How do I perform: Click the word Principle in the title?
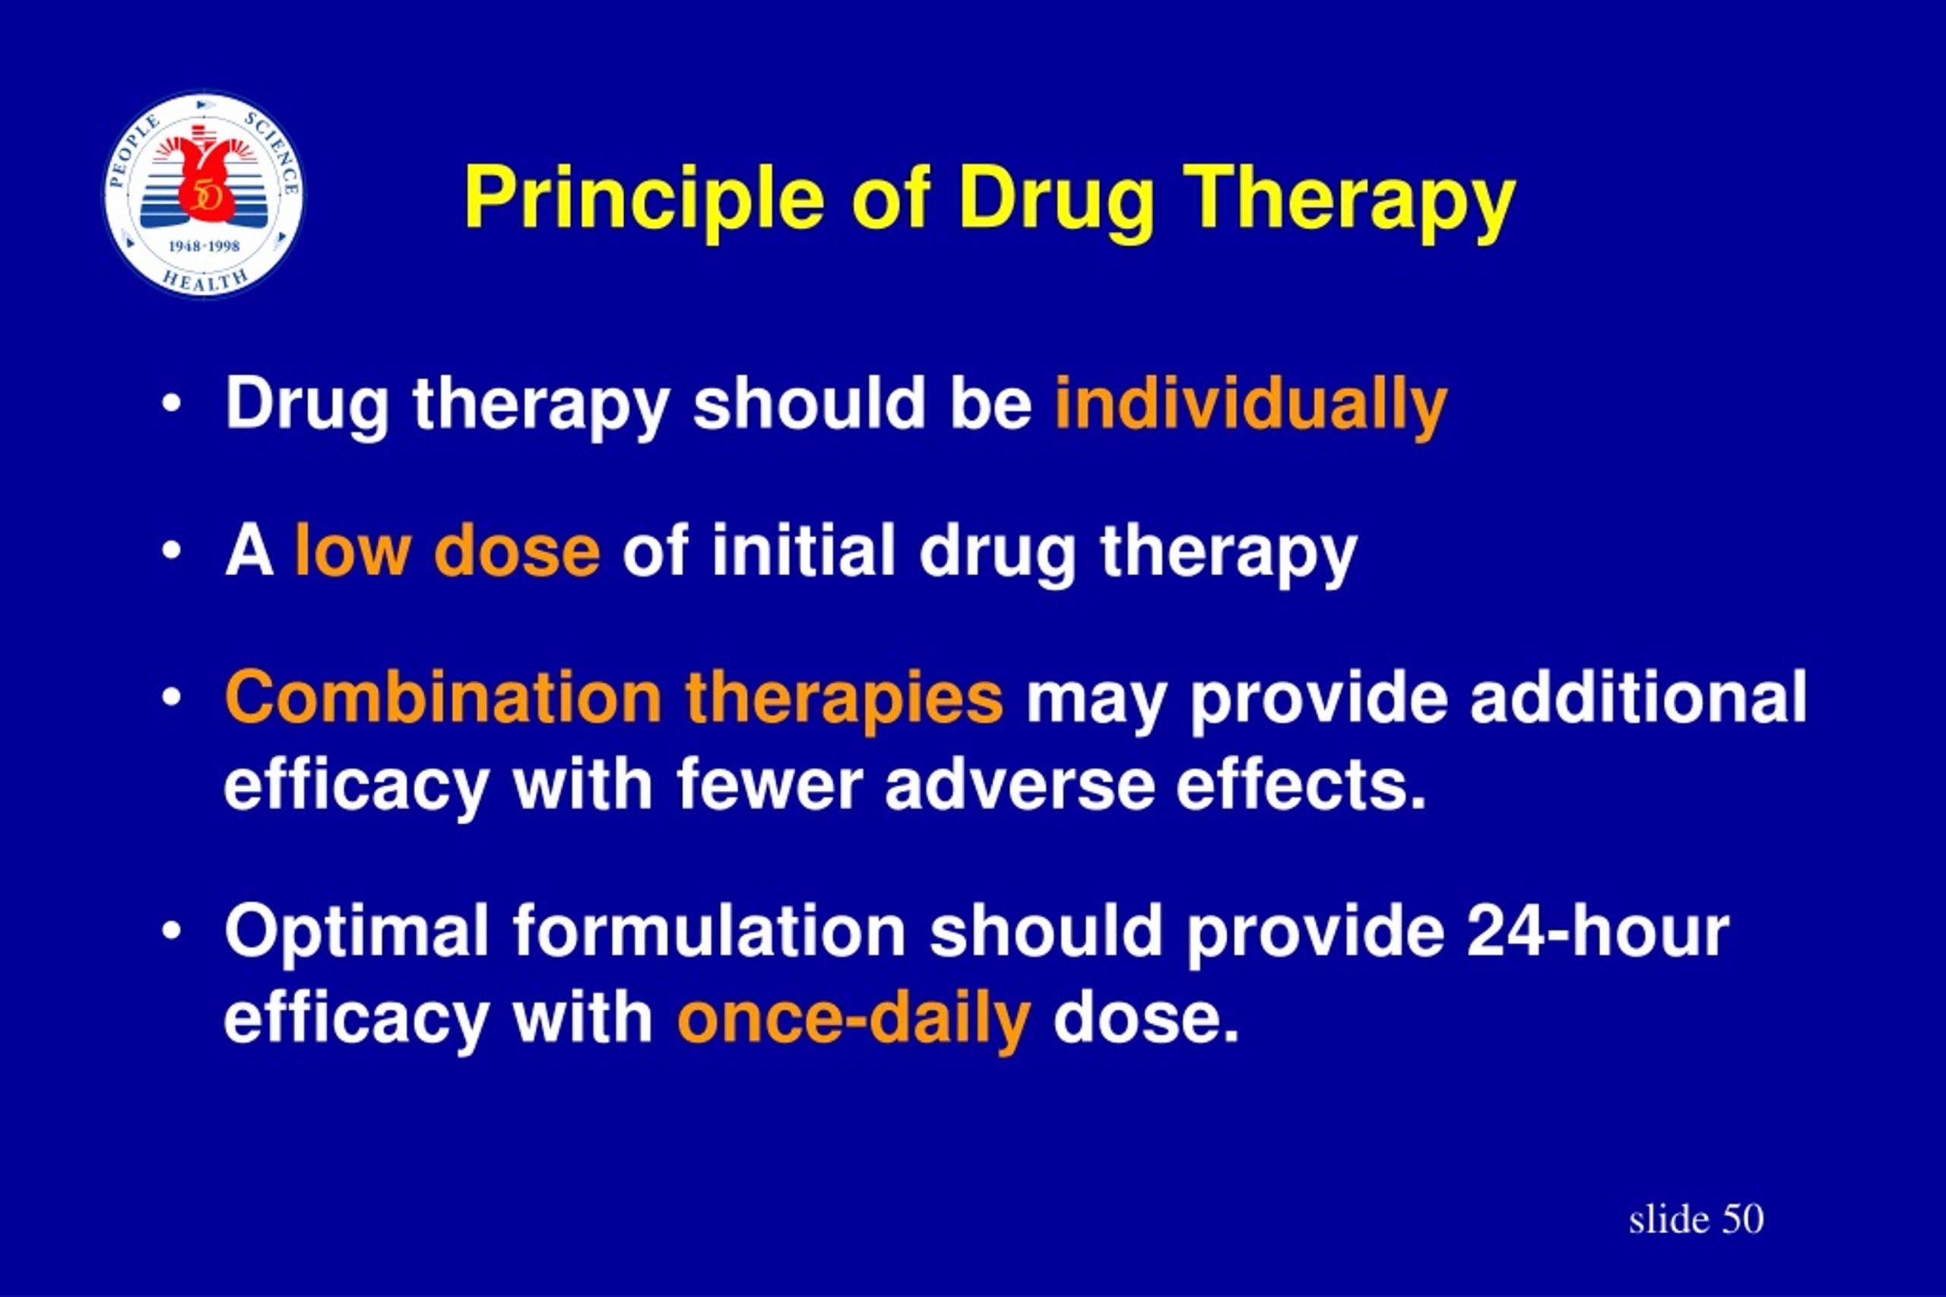(645, 199)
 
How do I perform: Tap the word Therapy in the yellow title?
(1349, 199)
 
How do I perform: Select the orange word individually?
(1251, 404)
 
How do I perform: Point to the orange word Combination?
(442, 698)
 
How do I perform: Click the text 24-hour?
(1598, 931)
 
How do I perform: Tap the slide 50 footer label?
(1696, 1219)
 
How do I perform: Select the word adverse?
(1020, 784)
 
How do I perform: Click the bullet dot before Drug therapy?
(171, 405)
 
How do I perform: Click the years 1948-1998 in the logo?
(204, 245)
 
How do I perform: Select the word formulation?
(709, 932)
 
